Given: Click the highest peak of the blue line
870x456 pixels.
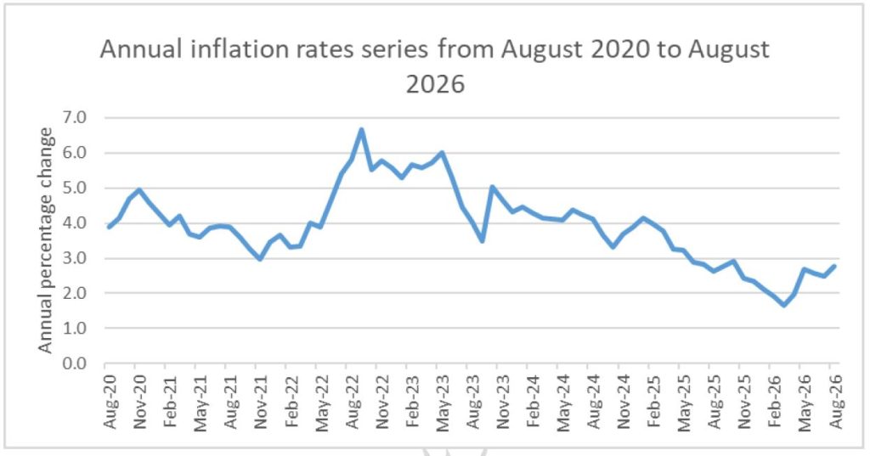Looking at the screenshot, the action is (361, 130).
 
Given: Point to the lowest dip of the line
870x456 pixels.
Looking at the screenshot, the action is (784, 305).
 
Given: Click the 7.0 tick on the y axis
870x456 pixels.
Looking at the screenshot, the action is (76, 117).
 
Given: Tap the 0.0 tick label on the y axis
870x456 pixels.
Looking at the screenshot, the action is (76, 363).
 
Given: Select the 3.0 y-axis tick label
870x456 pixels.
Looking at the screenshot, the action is (76, 258).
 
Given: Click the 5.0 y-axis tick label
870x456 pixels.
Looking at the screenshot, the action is (76, 188).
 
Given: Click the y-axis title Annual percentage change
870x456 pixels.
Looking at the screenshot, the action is (46, 240).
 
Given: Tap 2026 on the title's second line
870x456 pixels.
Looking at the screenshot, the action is (436, 84).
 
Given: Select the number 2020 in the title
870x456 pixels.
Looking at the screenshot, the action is (619, 49).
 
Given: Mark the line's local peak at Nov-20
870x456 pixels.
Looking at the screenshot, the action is (138, 189).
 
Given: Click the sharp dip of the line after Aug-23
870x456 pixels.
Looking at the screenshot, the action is (483, 240).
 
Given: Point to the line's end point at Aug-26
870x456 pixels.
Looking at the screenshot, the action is (834, 267).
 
